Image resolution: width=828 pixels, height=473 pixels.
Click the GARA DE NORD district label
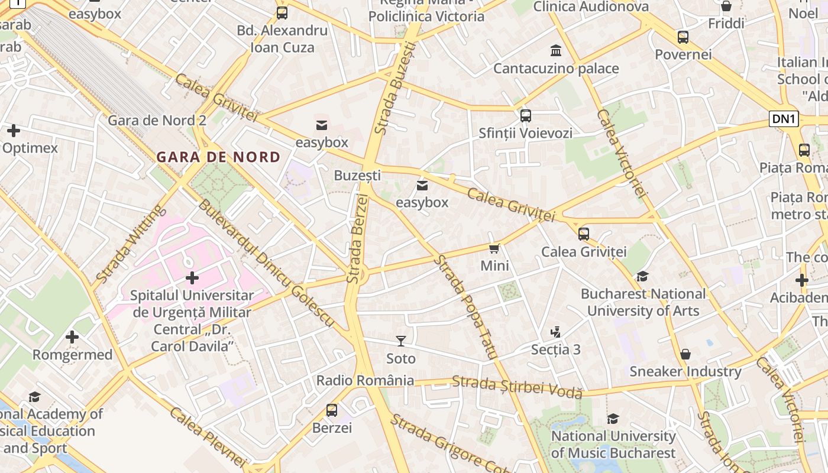click(x=218, y=157)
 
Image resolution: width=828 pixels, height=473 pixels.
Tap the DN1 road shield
click(x=784, y=119)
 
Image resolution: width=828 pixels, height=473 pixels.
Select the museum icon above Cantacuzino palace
click(x=556, y=50)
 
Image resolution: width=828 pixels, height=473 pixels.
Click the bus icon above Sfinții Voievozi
click(x=525, y=115)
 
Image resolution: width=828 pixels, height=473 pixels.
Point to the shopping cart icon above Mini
click(x=494, y=248)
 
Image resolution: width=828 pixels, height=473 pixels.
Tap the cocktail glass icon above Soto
click(x=401, y=341)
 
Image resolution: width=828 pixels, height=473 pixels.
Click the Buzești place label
click(x=357, y=175)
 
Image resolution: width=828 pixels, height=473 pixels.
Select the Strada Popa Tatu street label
click(x=465, y=307)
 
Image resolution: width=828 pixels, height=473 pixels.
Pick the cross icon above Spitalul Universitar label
click(x=192, y=277)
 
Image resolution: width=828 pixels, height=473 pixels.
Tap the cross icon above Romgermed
click(x=72, y=337)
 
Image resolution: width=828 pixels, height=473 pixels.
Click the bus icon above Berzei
click(x=332, y=410)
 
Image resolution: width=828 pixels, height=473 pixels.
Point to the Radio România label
click(x=365, y=380)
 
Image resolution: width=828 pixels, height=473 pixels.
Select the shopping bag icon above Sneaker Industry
click(x=685, y=354)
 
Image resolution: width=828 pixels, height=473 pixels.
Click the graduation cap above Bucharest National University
click(x=642, y=276)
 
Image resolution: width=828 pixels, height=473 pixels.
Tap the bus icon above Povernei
click(x=683, y=37)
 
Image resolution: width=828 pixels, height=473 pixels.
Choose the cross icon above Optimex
click(x=14, y=131)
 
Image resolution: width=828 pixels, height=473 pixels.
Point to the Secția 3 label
click(x=555, y=349)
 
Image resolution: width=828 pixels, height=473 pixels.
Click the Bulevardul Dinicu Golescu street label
click(x=266, y=264)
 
